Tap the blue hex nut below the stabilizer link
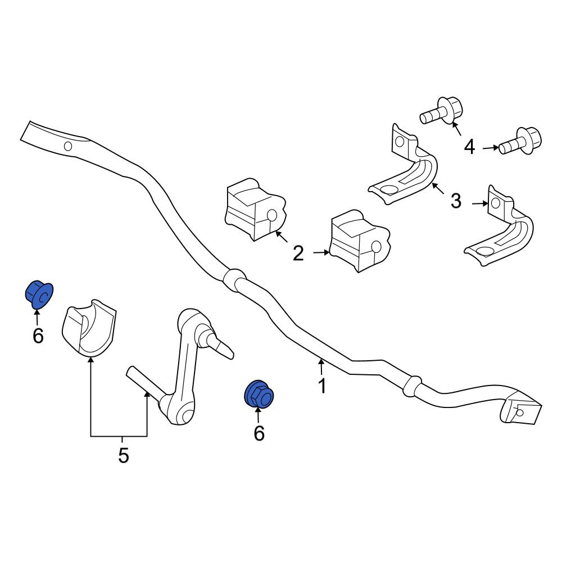click(x=259, y=395)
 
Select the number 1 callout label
click(x=322, y=386)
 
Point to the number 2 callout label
click(x=298, y=253)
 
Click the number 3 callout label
click(x=456, y=201)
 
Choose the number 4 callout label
click(x=469, y=147)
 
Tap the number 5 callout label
click(x=123, y=456)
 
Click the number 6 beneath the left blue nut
click(x=38, y=336)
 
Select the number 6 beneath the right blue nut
click(x=259, y=433)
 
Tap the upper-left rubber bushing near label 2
click(x=255, y=209)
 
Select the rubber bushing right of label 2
click(x=360, y=241)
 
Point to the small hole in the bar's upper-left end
click(x=68, y=146)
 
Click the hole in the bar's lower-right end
click(x=519, y=413)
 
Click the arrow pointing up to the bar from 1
click(x=321, y=366)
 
